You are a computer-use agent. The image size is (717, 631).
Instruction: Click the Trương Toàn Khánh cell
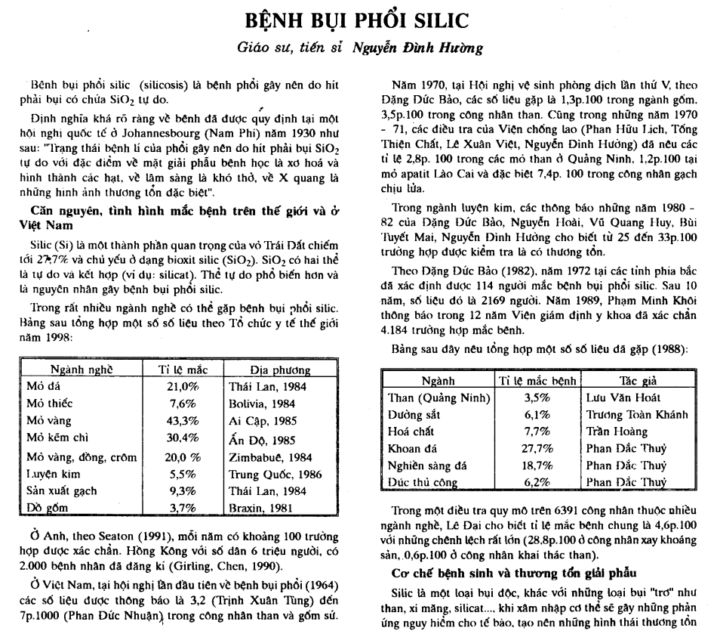pos(636,413)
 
